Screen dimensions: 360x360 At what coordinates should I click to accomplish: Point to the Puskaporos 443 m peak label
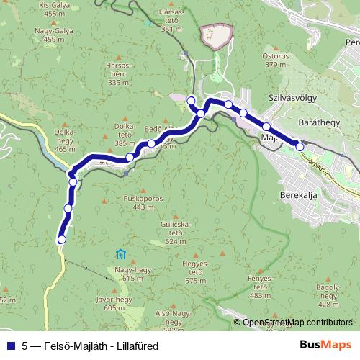[x=144, y=203]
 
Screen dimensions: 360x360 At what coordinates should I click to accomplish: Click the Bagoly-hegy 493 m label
[x=328, y=292]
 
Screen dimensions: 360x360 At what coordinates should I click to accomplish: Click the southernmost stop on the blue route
[x=61, y=240]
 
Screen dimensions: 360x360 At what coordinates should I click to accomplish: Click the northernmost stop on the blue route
[x=191, y=100]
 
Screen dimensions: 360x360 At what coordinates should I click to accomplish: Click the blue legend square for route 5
[x=9, y=346]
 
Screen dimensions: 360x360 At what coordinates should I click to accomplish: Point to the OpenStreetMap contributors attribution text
[x=297, y=323]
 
